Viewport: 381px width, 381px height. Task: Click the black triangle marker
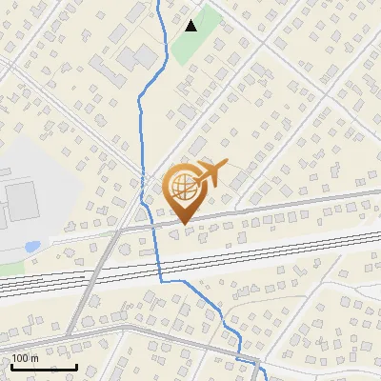[191, 26]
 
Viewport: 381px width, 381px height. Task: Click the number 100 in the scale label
[21, 358]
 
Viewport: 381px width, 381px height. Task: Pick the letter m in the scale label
[35, 358]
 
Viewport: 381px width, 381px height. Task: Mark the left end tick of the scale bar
[11, 367]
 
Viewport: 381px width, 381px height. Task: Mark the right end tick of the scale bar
[76, 367]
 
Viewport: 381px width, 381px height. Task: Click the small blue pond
[32, 247]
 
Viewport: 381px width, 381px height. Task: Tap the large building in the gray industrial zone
[20, 199]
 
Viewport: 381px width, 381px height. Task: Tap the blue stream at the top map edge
[158, 3]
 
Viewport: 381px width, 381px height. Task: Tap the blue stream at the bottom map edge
[263, 378]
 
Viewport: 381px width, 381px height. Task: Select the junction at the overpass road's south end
[69, 333]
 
